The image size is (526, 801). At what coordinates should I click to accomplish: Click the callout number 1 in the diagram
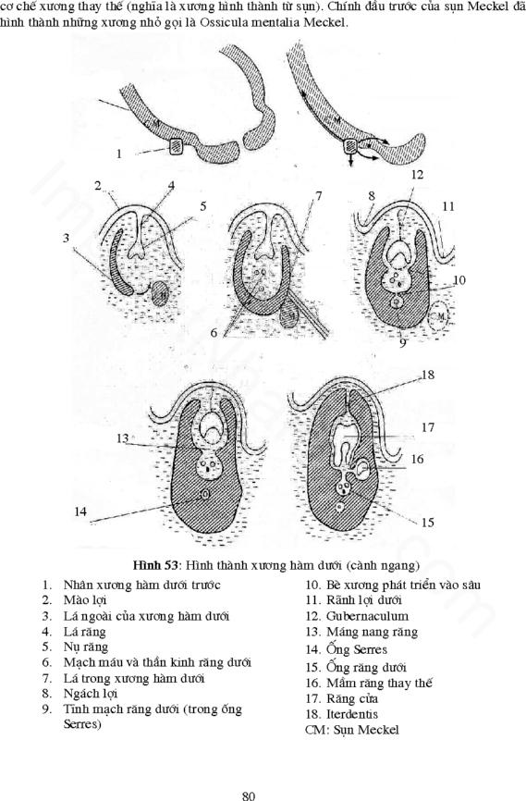coord(118,154)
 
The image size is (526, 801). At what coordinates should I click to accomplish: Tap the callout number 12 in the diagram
coord(417,175)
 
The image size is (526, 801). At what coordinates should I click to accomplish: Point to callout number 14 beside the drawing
coord(80,511)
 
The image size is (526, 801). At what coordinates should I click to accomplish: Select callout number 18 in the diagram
coord(427,375)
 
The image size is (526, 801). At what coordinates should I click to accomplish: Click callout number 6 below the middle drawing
coord(214,333)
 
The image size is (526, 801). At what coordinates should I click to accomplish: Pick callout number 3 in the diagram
coord(66,238)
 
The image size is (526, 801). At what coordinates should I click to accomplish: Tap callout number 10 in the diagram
coord(459,280)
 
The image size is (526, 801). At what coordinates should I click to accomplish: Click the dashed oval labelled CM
coord(439,317)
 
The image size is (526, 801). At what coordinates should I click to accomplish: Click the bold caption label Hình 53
coord(154,565)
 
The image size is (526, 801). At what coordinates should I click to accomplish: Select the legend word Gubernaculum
coord(367,616)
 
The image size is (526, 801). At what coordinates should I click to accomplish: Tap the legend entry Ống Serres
coord(357,649)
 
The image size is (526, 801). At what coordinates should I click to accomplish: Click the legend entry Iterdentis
coord(352,714)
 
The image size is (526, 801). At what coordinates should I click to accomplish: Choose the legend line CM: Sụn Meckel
coord(352,730)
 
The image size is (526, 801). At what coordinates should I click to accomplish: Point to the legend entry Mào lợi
coord(85,599)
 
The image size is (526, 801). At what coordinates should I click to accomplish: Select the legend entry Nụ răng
coord(85,647)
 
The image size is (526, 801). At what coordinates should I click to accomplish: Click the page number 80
coord(248,795)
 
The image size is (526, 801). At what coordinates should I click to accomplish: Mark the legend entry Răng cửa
coord(352,698)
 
